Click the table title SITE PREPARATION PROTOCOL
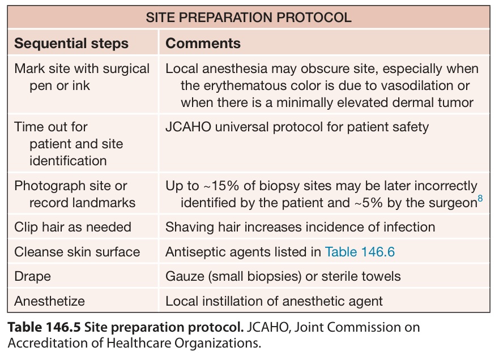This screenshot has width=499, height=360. tap(249, 17)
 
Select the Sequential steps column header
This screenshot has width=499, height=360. tap(71, 44)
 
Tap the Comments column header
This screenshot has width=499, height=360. tap(203, 43)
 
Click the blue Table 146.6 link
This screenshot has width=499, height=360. tap(360, 252)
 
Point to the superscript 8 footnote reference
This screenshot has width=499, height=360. tap(480, 199)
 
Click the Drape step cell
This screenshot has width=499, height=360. tap(32, 276)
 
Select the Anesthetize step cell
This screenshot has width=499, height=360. tap(50, 301)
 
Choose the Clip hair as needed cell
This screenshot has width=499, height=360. tap(73, 227)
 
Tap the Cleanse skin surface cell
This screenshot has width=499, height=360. tap(77, 252)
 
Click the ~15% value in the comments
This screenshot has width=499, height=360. tap(221, 186)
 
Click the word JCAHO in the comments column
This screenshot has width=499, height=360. tap(189, 127)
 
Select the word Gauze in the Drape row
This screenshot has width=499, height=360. tap(185, 276)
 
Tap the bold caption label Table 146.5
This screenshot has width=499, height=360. tap(44, 327)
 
